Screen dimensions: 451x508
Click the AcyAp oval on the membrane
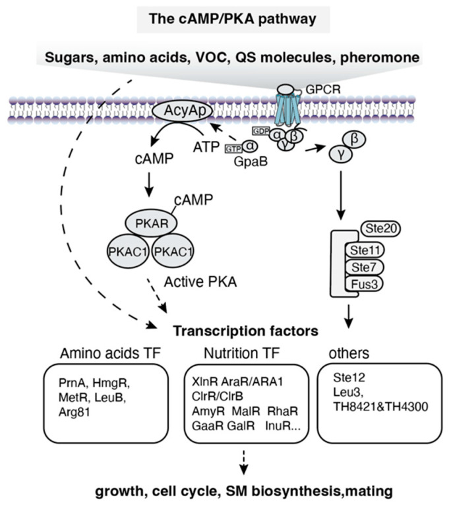coord(183,111)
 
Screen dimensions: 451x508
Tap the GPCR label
coord(323,89)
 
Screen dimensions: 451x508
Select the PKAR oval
coord(152,223)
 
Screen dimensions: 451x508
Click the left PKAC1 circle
coord(128,252)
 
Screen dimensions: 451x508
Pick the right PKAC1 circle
coord(173,252)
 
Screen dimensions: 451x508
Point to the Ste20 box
coord(381,229)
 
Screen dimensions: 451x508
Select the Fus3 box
coord(364,284)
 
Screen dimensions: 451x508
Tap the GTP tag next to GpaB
coord(233,149)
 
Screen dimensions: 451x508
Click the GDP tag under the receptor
coord(261,131)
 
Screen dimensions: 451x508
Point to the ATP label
coord(206,148)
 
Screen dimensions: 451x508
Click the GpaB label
coord(251,161)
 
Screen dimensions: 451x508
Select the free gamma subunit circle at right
coord(341,154)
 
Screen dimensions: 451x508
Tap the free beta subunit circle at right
coord(355,140)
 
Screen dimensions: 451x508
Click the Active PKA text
coord(200,282)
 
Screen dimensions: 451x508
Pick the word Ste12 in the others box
coord(349,378)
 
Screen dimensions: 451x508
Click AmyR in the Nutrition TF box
coord(208,411)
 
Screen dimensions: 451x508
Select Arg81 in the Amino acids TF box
coord(75,412)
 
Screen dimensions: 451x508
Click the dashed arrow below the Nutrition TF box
coord(243,463)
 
